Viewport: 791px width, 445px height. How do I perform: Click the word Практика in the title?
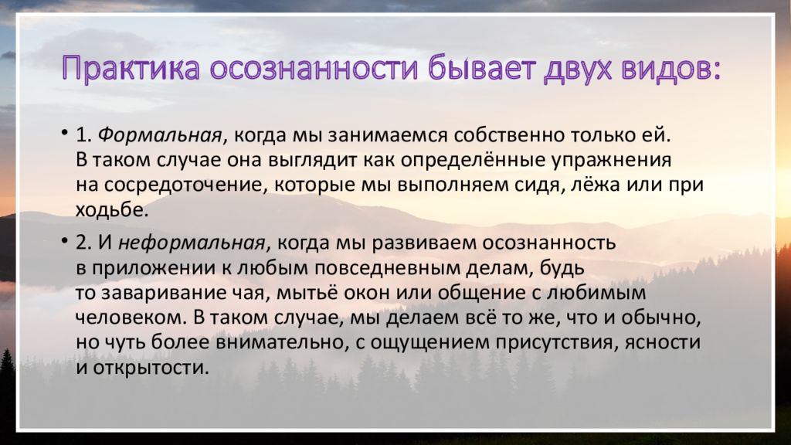pyautogui.click(x=131, y=68)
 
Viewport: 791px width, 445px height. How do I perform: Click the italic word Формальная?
pyautogui.click(x=159, y=135)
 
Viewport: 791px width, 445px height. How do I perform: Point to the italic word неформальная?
pyautogui.click(x=192, y=243)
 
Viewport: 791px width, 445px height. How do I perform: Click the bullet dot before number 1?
pyautogui.click(x=65, y=133)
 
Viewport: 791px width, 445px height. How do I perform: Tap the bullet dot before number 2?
pyautogui.click(x=65, y=240)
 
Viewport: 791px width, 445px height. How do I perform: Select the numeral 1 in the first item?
pyautogui.click(x=81, y=135)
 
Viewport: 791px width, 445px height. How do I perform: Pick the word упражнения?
pyautogui.click(x=611, y=161)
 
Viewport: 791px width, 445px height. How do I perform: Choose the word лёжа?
pyautogui.click(x=595, y=185)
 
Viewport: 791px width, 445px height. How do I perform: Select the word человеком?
pyautogui.click(x=131, y=318)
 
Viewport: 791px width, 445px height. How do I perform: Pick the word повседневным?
pyautogui.click(x=386, y=268)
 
